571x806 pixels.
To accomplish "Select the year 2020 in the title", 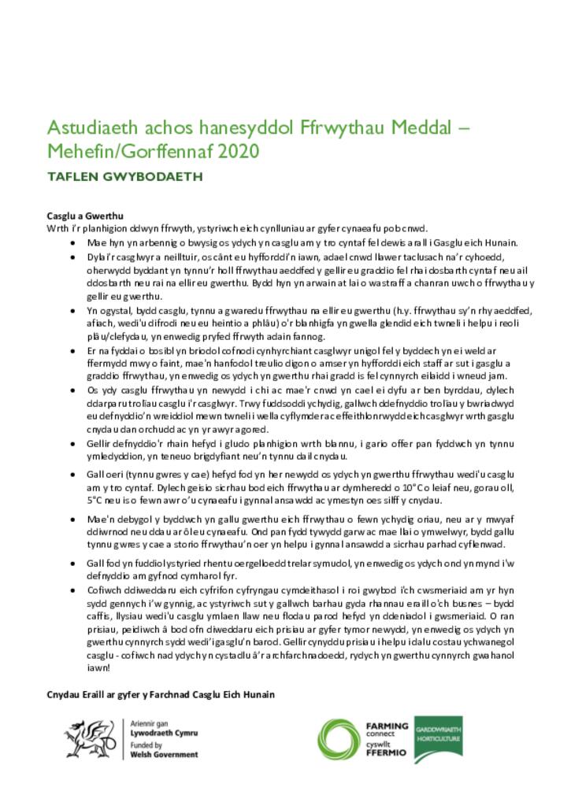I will [237, 150].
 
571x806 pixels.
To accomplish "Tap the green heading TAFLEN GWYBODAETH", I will [124, 177].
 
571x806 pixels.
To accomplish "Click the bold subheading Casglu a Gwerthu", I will [85, 216].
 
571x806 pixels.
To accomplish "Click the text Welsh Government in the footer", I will [164, 754].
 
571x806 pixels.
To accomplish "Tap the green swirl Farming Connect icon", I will [339, 739].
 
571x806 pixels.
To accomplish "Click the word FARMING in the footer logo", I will [387, 727].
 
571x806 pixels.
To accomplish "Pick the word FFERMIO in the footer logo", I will [387, 752].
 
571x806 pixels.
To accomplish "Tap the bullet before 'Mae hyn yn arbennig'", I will [73, 243].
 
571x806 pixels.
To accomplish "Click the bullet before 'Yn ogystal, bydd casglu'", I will [73, 311].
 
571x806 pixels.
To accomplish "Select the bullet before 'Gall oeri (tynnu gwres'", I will [73, 475].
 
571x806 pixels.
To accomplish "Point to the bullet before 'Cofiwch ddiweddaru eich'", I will [73, 590].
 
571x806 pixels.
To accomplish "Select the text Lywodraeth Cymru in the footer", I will [164, 732].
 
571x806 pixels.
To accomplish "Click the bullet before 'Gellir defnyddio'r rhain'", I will [73, 444].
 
